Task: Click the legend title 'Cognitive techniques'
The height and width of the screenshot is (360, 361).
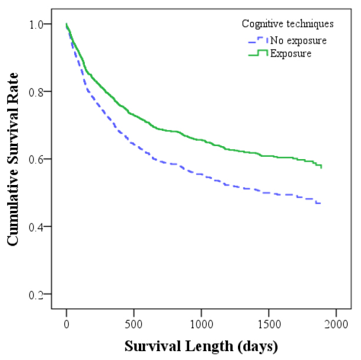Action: [288, 24]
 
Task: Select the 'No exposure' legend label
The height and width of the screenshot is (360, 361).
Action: [298, 41]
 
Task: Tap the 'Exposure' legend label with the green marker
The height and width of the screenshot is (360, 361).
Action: [290, 54]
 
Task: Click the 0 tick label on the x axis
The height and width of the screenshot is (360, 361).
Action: [67, 323]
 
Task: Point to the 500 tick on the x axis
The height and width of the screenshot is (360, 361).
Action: [134, 323]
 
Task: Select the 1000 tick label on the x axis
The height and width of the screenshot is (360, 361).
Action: [201, 323]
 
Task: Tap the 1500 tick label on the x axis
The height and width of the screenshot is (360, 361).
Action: [269, 323]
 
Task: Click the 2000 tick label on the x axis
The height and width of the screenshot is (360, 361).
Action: [336, 323]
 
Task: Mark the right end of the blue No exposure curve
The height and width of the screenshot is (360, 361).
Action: [320, 203]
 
